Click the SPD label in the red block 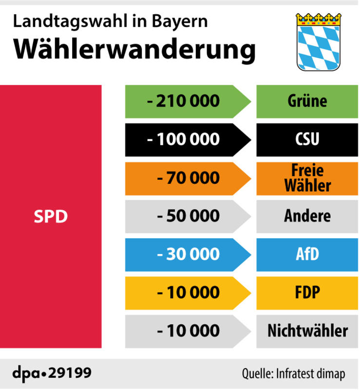click(x=51, y=216)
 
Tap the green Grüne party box click(x=307, y=101)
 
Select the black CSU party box click(x=307, y=140)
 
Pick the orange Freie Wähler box click(x=307, y=178)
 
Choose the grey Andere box click(x=307, y=216)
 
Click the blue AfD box click(x=307, y=254)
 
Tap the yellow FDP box click(x=307, y=292)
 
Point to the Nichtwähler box click(x=307, y=331)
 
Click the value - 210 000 click(x=183, y=101)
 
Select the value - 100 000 click(x=183, y=140)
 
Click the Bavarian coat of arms click(x=319, y=41)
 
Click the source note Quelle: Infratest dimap click(x=293, y=374)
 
